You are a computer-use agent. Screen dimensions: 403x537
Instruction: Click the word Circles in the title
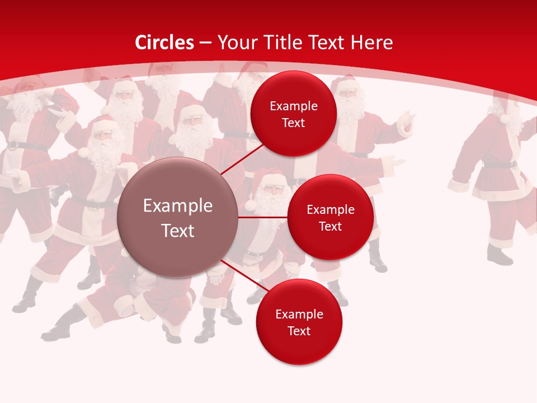pos(164,43)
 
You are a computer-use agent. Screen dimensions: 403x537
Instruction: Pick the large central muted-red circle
pos(177,217)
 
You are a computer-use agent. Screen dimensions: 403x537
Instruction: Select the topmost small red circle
pos(293,114)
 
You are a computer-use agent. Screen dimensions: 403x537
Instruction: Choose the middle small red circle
pos(330,217)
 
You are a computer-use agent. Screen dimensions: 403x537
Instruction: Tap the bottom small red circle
pos(299,322)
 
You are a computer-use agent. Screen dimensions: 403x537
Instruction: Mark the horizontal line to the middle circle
pos(262,217)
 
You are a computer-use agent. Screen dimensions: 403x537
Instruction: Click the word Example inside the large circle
pos(177,205)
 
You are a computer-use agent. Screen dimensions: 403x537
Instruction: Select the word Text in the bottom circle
pos(299,331)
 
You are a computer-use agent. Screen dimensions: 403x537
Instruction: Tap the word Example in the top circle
pos(293,106)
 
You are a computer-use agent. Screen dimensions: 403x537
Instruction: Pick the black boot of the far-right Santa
pos(499,255)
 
